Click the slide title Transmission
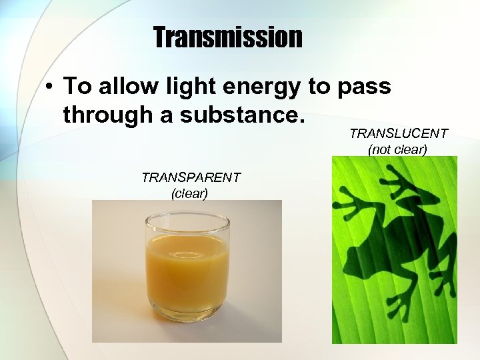(x=227, y=38)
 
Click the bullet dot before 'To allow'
(x=49, y=88)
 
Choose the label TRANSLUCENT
(x=398, y=133)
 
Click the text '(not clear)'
(x=398, y=149)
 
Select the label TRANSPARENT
(x=191, y=177)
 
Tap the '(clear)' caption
(x=190, y=193)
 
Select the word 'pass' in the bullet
(x=365, y=87)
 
